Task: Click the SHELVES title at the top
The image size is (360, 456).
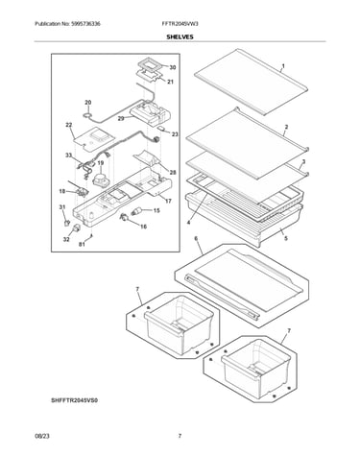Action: [180, 36]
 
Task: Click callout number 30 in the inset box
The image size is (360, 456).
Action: [173, 67]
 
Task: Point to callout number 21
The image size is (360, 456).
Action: [170, 82]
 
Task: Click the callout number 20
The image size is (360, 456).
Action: [88, 103]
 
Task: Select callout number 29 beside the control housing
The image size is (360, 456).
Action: [121, 118]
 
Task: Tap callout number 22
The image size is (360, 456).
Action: [69, 125]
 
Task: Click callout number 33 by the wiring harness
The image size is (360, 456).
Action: [69, 156]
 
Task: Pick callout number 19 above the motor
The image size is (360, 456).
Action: [101, 163]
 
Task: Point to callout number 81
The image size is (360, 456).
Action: [83, 245]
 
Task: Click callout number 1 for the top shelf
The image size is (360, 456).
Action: [283, 66]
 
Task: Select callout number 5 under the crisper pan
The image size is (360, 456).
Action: [286, 238]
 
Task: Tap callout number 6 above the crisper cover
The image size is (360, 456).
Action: [196, 239]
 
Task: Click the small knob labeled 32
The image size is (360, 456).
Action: [77, 228]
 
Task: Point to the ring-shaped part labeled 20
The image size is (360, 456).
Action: [87, 114]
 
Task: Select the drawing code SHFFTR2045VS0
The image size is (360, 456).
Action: [75, 400]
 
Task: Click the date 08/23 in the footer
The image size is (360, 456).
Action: [41, 436]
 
